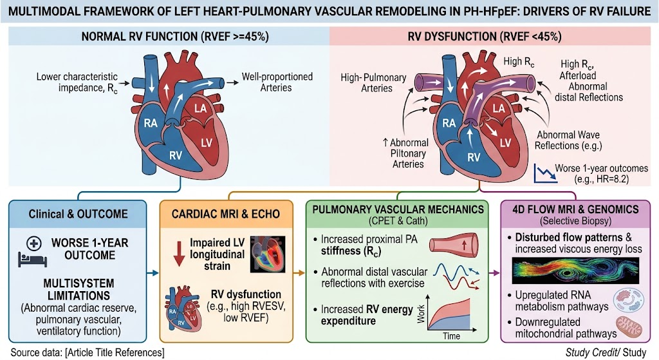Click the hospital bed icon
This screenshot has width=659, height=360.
click(x=32, y=259)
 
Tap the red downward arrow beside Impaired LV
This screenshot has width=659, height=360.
click(x=180, y=254)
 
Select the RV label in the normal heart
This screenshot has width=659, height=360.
click(x=176, y=156)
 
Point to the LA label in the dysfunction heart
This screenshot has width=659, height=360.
click(x=499, y=108)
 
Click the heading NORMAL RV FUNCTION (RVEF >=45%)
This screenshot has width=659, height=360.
click(x=175, y=37)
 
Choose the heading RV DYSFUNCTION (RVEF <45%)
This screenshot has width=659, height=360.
click(x=485, y=37)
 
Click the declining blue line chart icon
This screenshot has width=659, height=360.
click(x=545, y=173)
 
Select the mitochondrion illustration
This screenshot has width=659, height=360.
click(x=629, y=328)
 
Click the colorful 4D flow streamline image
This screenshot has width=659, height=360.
click(x=575, y=270)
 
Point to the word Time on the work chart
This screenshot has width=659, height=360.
click(x=451, y=336)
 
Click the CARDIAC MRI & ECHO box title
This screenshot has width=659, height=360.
click(x=226, y=214)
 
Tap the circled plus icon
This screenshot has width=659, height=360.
click(x=33, y=243)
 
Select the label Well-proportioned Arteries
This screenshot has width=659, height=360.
click(x=277, y=82)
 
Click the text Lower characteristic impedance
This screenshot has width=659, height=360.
click(x=77, y=82)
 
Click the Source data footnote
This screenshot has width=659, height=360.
click(x=88, y=352)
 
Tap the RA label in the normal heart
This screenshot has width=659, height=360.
click(x=151, y=123)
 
